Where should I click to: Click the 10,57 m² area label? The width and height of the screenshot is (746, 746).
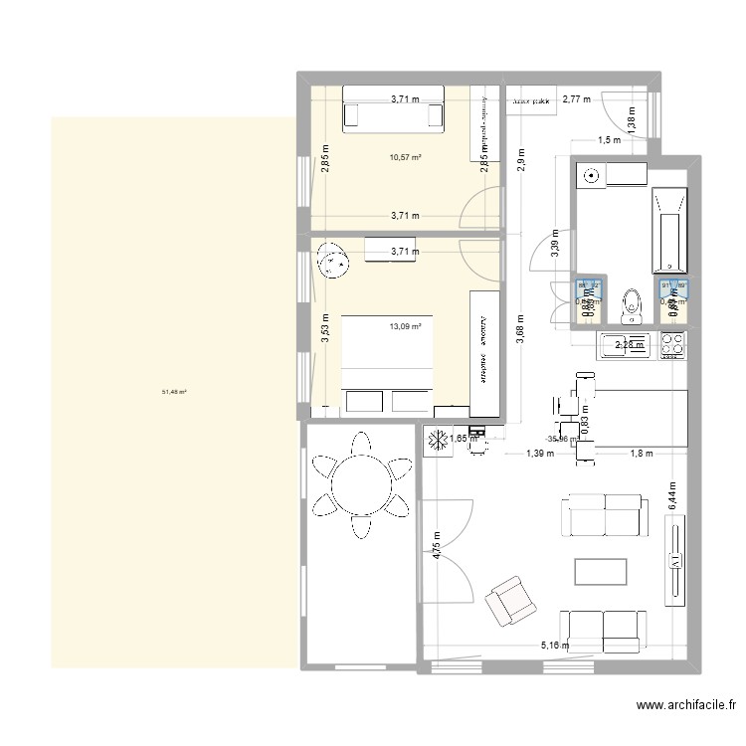tap(405, 156)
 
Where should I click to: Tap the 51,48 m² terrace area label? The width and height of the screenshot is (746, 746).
tap(174, 392)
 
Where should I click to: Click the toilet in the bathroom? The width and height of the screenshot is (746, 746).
tap(629, 305)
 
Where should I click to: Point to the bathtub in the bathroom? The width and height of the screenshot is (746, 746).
tap(668, 229)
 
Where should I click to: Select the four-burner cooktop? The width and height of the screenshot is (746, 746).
tap(671, 345)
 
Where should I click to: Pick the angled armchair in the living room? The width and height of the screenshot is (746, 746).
tap(508, 600)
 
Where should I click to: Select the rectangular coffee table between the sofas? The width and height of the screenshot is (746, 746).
tap(601, 572)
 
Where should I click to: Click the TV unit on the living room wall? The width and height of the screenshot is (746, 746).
tap(676, 563)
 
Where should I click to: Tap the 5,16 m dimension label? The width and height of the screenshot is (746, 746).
tap(555, 646)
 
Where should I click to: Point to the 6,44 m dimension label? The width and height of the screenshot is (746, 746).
tap(671, 494)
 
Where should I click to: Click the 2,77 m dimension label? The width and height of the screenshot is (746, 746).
tap(576, 98)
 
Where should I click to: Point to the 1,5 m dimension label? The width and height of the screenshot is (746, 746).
tap(609, 140)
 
